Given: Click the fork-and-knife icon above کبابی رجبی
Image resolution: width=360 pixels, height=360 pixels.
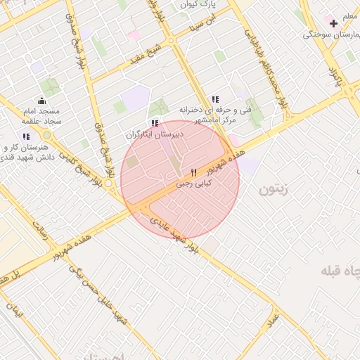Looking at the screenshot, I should click(x=193, y=172).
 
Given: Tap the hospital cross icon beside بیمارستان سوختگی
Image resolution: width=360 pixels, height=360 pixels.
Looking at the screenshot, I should click(x=333, y=23).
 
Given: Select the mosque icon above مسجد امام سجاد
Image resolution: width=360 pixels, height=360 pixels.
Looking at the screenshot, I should click(x=41, y=100).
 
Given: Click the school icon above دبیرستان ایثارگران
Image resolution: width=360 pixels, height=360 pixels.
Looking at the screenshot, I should click(x=155, y=123).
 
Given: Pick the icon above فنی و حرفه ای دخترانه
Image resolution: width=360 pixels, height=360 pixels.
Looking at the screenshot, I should click(x=214, y=99).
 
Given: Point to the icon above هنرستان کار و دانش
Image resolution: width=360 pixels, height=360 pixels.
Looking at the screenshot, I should click(x=26, y=136).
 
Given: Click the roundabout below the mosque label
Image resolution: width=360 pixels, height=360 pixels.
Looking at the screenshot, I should click(x=47, y=135).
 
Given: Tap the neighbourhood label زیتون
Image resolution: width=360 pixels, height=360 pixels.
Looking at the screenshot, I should click(x=274, y=189).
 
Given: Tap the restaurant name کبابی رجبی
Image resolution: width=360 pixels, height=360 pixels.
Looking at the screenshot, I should click(x=193, y=184).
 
